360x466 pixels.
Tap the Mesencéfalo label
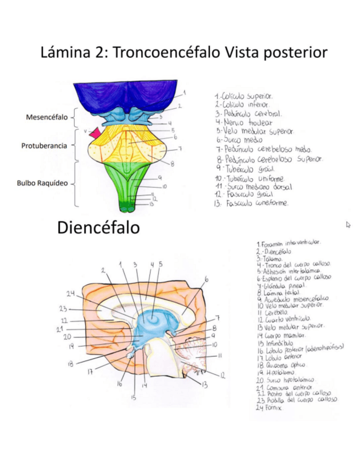pos(47,117)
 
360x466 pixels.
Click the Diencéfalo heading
pos(98,228)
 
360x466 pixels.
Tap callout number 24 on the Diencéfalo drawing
pos(71,293)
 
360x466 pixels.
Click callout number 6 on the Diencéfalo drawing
pos(206,279)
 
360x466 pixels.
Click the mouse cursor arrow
pos(348,224)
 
